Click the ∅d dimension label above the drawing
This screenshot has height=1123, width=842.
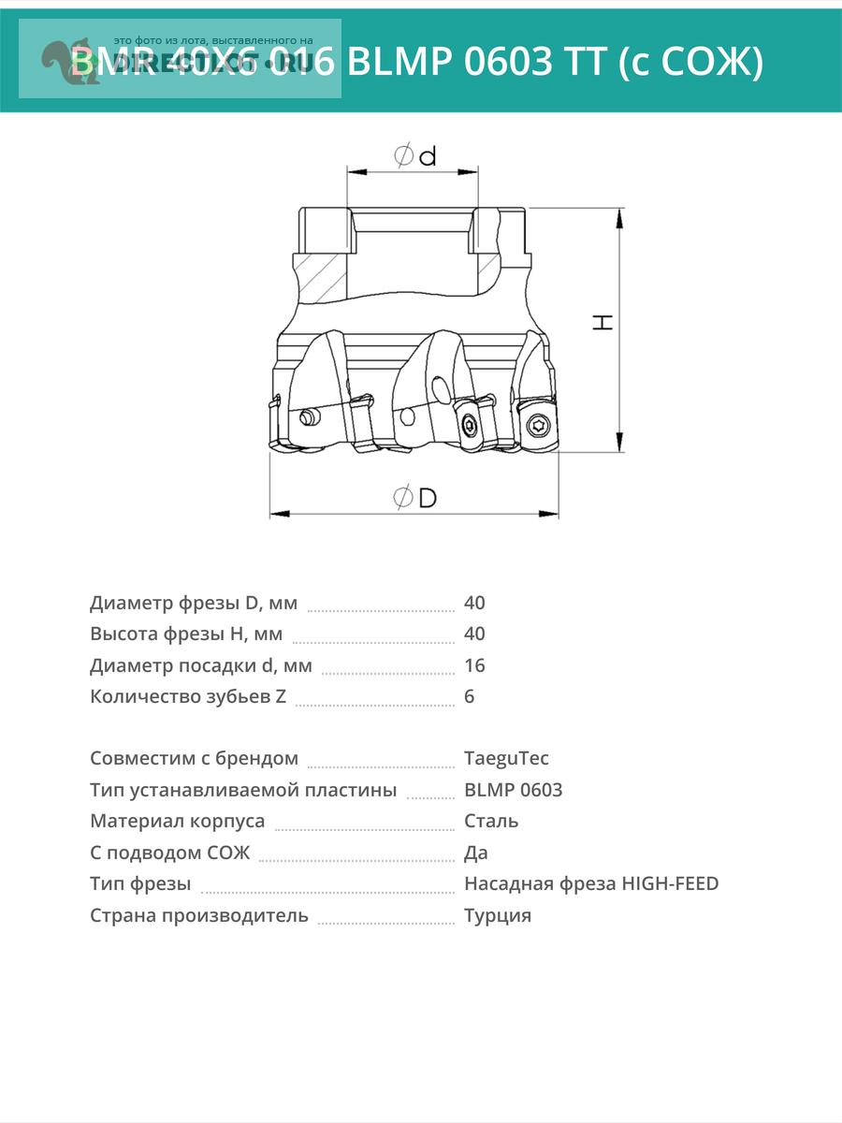tap(415, 156)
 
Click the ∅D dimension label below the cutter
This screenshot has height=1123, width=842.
tap(414, 497)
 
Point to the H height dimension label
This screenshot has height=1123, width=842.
tap(604, 322)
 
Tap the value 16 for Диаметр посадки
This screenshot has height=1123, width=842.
tap(474, 665)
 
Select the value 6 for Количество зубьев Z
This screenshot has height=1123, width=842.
tap(469, 696)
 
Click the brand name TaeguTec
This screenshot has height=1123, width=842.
tap(506, 758)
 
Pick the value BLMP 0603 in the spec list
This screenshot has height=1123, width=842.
tap(513, 790)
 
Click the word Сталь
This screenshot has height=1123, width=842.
tap(491, 821)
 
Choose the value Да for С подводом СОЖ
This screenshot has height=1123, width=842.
tap(476, 853)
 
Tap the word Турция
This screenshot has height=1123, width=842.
tap(498, 915)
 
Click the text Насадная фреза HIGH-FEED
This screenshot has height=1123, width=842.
tap(591, 883)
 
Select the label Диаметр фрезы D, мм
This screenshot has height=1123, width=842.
tap(194, 603)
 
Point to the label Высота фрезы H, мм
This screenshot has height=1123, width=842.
tap(186, 634)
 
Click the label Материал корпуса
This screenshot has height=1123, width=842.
tap(178, 821)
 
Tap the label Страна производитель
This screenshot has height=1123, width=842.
tap(199, 915)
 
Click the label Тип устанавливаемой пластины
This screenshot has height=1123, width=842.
tap(243, 790)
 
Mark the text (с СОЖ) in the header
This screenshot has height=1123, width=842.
tap(691, 63)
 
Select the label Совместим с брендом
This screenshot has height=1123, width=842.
tap(195, 758)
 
